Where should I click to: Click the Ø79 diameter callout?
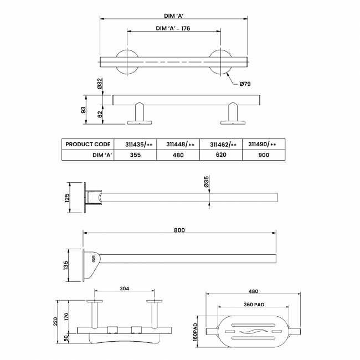coord(246,84)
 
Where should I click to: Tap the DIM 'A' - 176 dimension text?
coord(173,28)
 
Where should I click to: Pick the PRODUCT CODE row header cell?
coord(88,144)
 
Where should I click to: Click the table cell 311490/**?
coord(263,144)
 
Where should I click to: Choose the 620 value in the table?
coord(220,156)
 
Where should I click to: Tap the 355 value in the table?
coord(135,156)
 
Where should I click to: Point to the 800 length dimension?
coord(179,229)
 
